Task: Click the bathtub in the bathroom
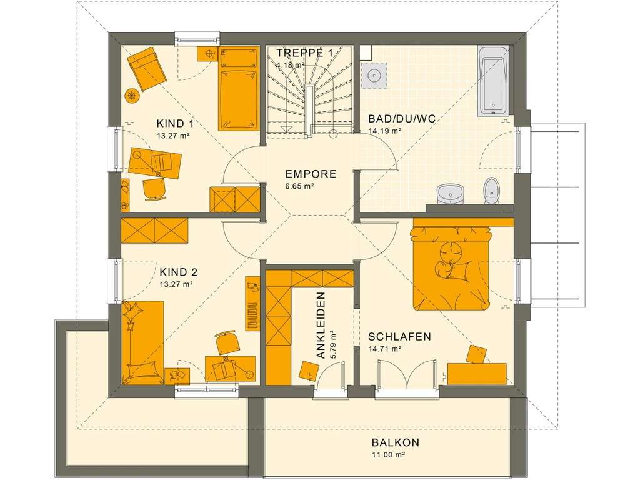point(493,80)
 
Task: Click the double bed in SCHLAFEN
point(450,268)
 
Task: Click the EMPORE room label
point(311,174)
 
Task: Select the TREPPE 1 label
point(304,53)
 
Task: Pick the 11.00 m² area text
point(389,455)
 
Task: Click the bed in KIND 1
point(239,88)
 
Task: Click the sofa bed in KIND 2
point(143,342)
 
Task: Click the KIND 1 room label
point(175,123)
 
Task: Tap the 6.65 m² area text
point(299,186)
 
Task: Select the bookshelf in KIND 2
point(252,302)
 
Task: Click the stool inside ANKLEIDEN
point(307,371)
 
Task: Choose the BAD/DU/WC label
point(393,119)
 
